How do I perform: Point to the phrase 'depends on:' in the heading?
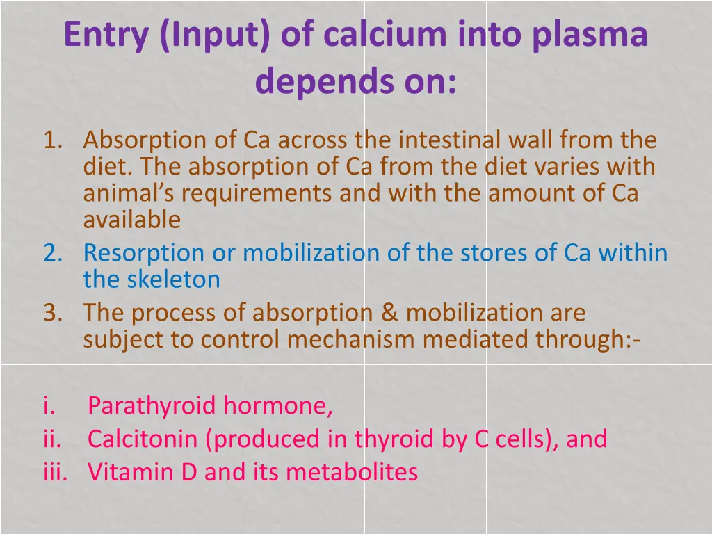click(x=356, y=82)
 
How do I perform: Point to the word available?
click(x=131, y=220)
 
